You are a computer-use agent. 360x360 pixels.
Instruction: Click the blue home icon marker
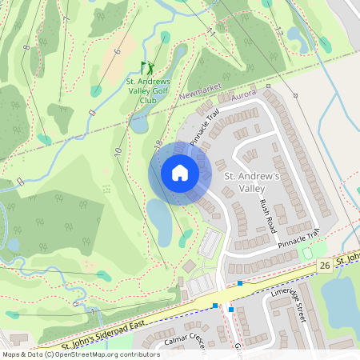point(180,173)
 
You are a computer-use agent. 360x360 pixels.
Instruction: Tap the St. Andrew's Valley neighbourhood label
point(250,182)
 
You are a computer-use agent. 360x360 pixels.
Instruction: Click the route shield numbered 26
point(324,265)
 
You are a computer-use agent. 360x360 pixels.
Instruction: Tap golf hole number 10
point(118,151)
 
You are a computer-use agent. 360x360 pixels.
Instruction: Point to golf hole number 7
point(66,18)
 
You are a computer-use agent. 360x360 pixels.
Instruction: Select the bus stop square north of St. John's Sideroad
point(240,282)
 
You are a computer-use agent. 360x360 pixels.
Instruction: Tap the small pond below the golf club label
point(139,124)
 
